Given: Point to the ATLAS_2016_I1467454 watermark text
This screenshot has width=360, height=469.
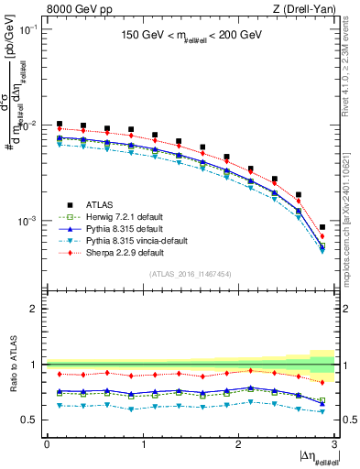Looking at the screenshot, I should tap(190, 274).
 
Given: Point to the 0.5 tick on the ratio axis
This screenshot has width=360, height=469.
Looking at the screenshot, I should tap(31, 420).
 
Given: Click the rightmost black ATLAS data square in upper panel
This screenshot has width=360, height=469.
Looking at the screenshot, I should tap(322, 227).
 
